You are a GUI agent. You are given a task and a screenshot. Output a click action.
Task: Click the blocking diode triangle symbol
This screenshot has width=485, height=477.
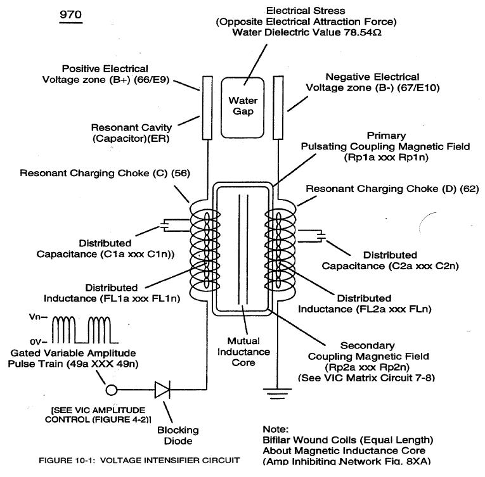pos(162,390)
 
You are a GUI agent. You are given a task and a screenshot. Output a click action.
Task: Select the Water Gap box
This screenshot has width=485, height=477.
pos(242,108)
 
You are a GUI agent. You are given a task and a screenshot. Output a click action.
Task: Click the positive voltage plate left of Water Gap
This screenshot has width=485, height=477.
pos(207,108)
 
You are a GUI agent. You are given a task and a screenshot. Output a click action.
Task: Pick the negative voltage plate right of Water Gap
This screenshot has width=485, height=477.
pos(278,108)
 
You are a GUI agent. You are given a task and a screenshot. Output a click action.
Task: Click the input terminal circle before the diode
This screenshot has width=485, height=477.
pos(112,390)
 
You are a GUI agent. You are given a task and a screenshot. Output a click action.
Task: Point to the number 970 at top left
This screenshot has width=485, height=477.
pos(70,15)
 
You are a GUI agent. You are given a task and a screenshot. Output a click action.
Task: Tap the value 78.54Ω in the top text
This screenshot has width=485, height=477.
pos(363,32)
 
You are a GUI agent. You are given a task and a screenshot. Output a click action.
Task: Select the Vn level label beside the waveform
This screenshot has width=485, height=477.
pos(38,317)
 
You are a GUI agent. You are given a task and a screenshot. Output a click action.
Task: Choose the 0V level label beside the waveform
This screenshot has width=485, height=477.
pos(38,342)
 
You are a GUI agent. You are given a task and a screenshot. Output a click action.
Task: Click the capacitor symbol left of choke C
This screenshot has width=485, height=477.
pos(165,225)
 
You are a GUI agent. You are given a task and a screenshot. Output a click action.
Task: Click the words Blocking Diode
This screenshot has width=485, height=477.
pos(178,435)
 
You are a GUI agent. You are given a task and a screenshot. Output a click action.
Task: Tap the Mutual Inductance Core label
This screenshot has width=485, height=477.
pos(243,352)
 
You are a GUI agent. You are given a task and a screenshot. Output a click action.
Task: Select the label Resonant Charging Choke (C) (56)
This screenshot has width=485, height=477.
pos(105,173)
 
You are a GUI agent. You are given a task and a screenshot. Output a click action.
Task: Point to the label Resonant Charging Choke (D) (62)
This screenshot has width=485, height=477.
pos(392,189)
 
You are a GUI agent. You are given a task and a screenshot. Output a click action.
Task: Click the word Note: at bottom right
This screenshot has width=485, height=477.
pos(275,429)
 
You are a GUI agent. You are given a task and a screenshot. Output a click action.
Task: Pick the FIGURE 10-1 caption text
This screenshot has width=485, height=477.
pos(139,461)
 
